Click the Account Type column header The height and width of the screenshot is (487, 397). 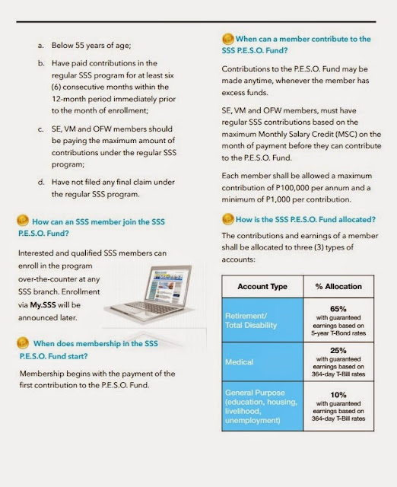click(x=262, y=286)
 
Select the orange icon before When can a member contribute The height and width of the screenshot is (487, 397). click(x=227, y=38)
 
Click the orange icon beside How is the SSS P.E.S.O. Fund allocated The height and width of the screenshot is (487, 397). click(x=226, y=219)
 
